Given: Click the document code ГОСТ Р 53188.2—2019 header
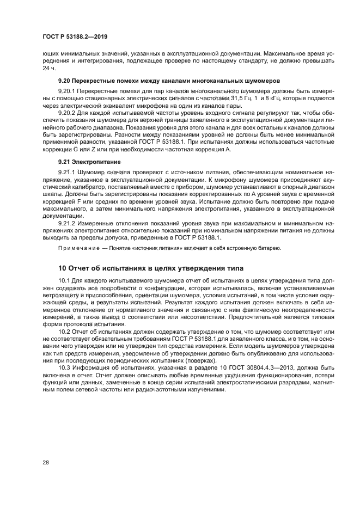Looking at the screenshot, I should [74, 36].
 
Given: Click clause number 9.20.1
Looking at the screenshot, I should [68, 90].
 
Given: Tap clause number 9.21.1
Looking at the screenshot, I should [68, 171].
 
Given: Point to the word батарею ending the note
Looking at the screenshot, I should [269, 248].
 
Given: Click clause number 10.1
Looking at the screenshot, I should [64, 279].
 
